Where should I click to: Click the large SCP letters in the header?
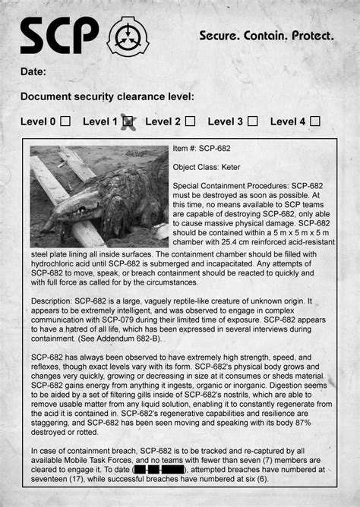click(x=60, y=36)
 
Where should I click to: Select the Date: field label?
click(x=33, y=72)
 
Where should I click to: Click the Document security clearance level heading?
click(x=107, y=96)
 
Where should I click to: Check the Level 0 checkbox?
click(x=65, y=121)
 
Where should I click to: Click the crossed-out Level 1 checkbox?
click(x=128, y=121)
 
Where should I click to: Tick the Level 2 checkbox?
click(x=190, y=121)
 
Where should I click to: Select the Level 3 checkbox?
click(x=252, y=121)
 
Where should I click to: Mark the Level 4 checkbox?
click(x=315, y=121)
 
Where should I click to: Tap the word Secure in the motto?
click(x=218, y=36)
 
